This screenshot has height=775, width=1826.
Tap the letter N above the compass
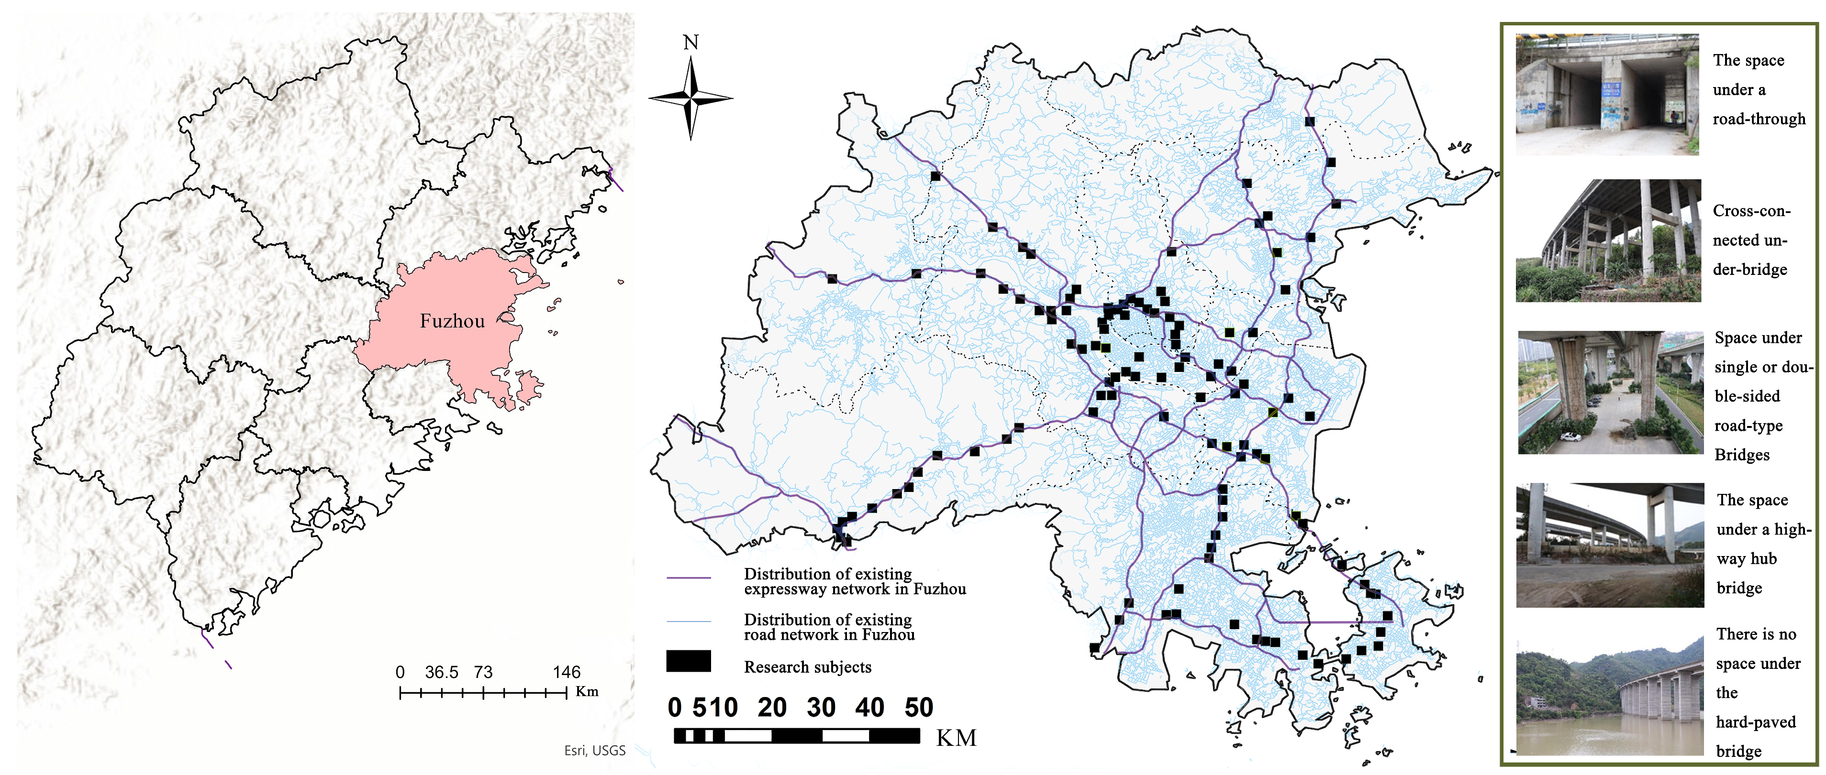[690, 43]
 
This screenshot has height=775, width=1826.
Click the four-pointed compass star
[690, 99]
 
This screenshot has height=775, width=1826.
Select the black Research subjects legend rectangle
[688, 661]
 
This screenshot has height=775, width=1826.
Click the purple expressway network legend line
[688, 578]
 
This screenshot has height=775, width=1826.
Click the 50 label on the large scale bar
[919, 708]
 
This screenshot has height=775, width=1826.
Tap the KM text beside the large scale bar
[956, 738]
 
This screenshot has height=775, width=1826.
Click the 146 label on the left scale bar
[567, 672]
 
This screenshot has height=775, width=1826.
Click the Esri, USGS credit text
[595, 751]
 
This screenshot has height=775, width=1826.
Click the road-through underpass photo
[1607, 94]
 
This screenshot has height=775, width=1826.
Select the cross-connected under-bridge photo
[1608, 241]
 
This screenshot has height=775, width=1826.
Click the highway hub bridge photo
[1609, 546]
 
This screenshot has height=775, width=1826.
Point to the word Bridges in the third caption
[1742, 455]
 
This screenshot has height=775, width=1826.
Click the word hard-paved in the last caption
[1756, 722]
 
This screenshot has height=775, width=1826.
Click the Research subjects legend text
[807, 667]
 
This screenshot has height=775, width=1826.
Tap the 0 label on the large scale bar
[674, 708]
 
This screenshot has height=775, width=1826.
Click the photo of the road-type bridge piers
[1610, 393]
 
